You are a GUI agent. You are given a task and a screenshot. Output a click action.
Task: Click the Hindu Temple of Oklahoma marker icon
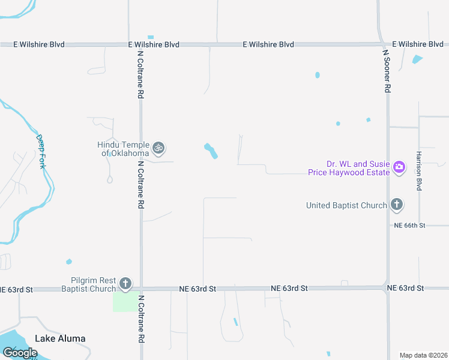(x=158, y=148)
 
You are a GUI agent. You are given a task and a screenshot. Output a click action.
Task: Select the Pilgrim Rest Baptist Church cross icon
(x=125, y=283)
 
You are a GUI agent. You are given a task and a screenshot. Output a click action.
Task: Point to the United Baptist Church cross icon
(x=396, y=205)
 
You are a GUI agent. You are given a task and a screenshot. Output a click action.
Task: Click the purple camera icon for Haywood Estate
(x=400, y=167)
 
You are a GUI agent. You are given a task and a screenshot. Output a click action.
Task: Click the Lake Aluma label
(x=60, y=338)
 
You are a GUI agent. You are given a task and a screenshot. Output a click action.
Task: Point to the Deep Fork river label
(x=41, y=151)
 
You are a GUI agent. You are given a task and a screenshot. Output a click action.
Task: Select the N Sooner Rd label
(x=387, y=71)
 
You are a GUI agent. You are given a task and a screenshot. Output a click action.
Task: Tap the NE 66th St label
(x=409, y=226)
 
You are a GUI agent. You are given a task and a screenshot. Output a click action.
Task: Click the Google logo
(x=20, y=353)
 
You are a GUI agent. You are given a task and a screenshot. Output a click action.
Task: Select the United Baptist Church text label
(x=346, y=206)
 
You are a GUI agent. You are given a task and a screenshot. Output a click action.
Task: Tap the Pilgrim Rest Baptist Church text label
(x=88, y=284)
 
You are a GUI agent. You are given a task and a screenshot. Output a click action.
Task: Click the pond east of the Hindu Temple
(x=211, y=151)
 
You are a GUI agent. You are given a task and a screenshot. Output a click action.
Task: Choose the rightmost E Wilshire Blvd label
(x=418, y=44)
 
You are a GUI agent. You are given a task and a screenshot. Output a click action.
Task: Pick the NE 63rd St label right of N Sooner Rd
(x=406, y=289)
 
